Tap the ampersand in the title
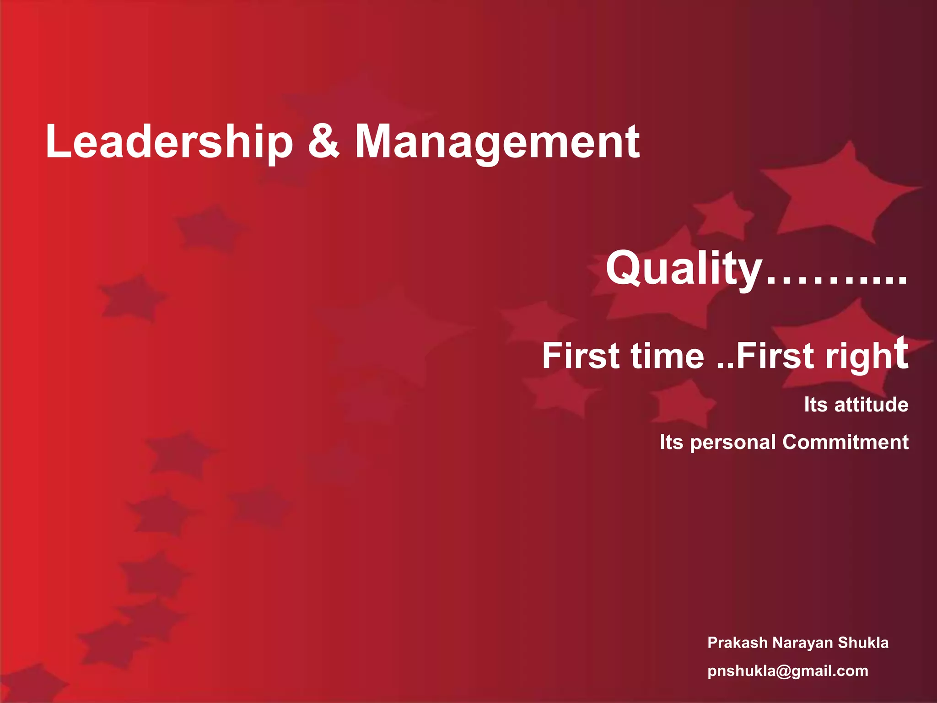(x=324, y=142)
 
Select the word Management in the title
(x=497, y=143)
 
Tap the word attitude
(x=871, y=405)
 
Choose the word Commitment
(x=845, y=442)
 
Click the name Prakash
(x=738, y=643)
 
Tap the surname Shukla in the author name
(x=863, y=643)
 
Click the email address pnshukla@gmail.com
(x=788, y=671)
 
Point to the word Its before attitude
(x=816, y=405)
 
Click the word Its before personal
(x=671, y=442)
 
